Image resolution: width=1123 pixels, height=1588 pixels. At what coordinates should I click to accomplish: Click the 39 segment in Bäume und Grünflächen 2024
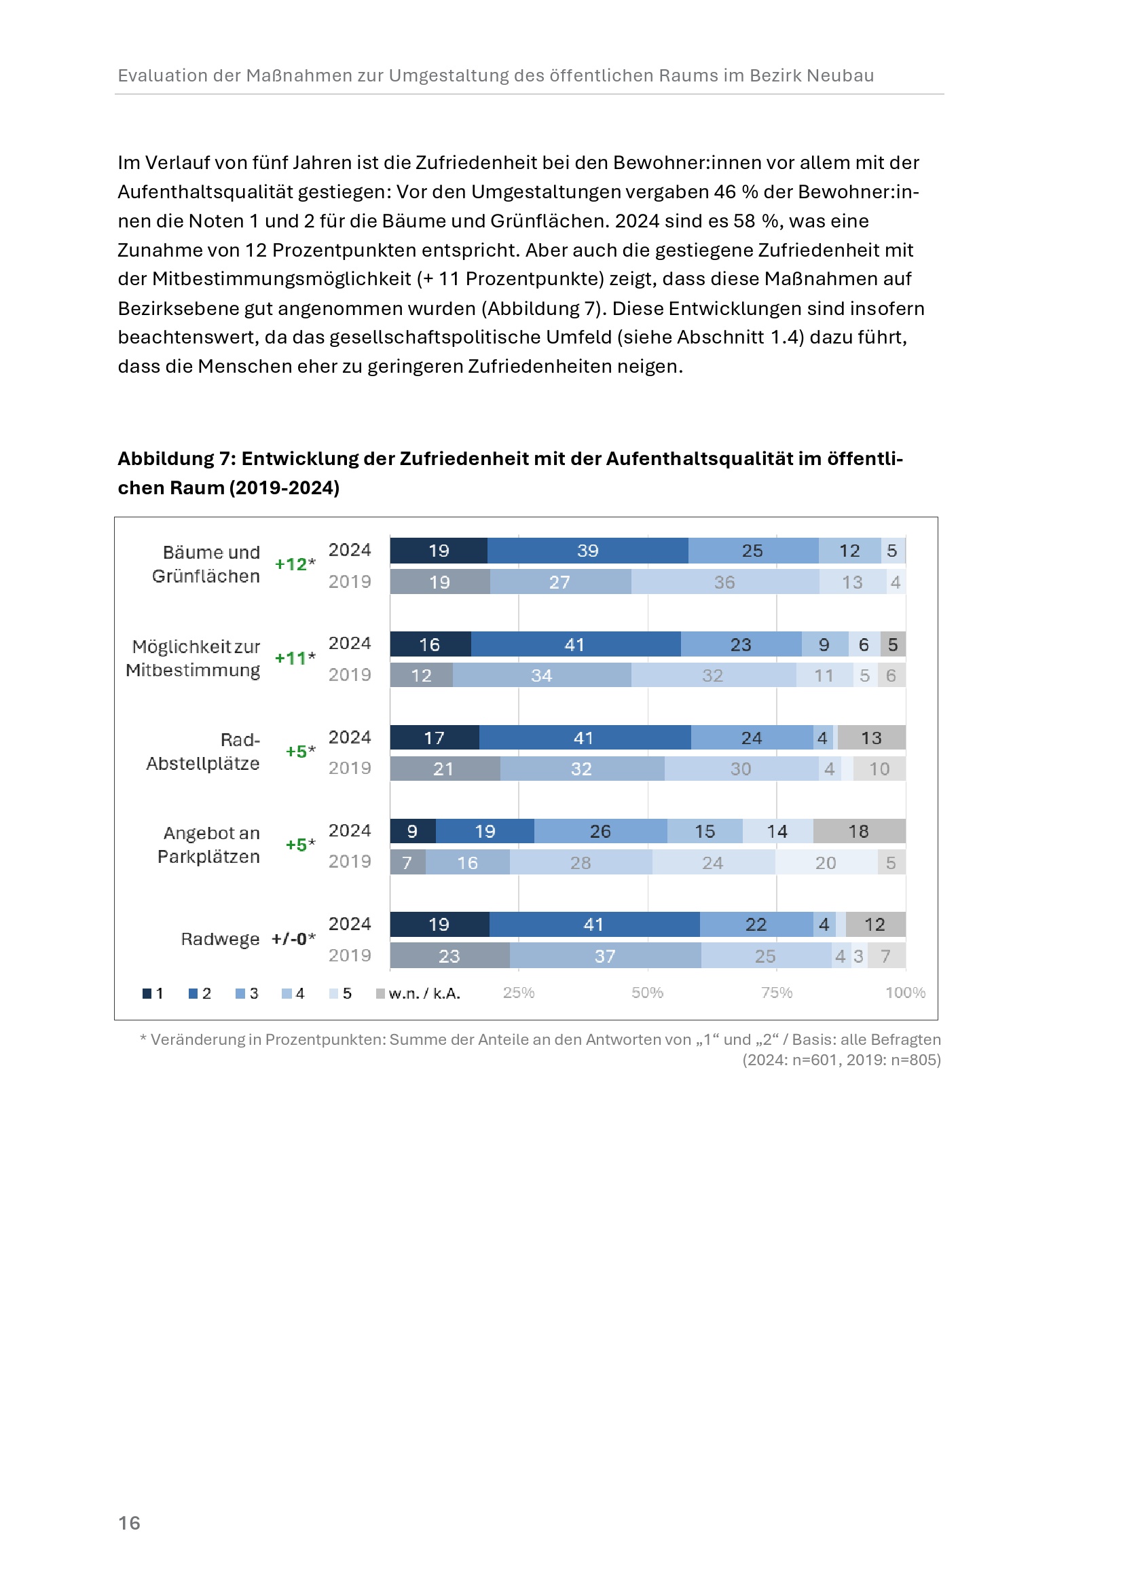587,551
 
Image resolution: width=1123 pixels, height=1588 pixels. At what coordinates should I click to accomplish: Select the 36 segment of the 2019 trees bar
724,582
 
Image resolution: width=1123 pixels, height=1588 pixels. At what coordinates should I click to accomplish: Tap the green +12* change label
295,564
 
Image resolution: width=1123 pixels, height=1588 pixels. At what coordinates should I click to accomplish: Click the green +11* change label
295,658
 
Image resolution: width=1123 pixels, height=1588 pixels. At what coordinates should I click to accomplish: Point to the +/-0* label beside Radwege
293,938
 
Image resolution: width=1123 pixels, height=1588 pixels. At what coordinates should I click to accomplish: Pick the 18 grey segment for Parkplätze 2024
858,830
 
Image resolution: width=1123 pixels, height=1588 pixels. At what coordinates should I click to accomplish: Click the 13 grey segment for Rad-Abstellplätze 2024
870,738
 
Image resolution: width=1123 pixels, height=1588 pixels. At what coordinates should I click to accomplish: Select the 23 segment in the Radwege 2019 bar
449,956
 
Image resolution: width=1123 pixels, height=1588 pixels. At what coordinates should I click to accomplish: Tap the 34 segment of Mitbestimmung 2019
541,675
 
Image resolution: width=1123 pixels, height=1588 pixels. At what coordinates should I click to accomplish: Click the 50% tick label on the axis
647,993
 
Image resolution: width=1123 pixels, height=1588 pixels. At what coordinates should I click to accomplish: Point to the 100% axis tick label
904,993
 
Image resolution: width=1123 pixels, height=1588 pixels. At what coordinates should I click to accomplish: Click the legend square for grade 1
147,993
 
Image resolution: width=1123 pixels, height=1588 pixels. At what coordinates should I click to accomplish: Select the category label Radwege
220,938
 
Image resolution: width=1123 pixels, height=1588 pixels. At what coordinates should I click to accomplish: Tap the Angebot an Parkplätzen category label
210,845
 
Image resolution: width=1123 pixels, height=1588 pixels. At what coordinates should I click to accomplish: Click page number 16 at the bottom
129,1522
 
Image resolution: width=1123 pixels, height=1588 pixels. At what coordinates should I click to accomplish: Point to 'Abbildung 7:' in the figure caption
176,458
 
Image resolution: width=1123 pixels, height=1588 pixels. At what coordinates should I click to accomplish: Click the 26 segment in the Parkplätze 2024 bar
600,830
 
